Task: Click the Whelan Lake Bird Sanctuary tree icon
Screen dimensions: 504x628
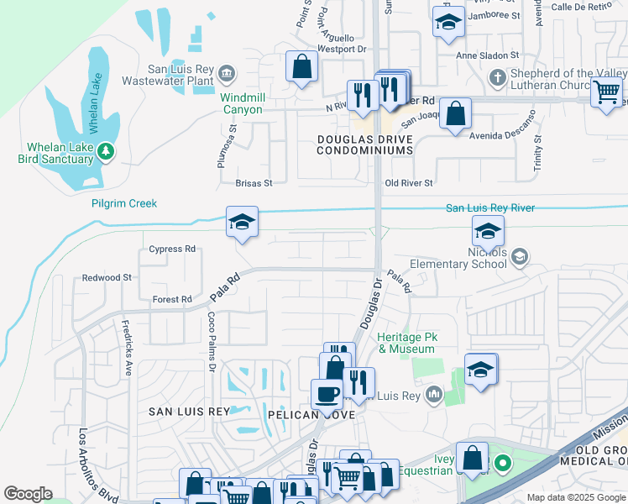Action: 106,151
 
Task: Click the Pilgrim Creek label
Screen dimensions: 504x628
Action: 124,203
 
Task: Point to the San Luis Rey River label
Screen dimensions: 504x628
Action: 489,207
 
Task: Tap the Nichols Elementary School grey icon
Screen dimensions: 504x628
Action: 520,257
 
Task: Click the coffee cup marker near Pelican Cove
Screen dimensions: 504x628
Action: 326,392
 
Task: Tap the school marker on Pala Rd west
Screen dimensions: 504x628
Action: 242,223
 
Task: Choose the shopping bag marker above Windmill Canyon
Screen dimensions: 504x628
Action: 301,66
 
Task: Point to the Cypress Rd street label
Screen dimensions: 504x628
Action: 171,249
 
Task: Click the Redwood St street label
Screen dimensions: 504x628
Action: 107,277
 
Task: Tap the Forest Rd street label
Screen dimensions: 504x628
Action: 172,299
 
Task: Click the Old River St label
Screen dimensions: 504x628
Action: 408,183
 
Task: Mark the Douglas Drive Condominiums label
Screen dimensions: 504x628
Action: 365,144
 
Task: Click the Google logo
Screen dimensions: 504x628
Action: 28,494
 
